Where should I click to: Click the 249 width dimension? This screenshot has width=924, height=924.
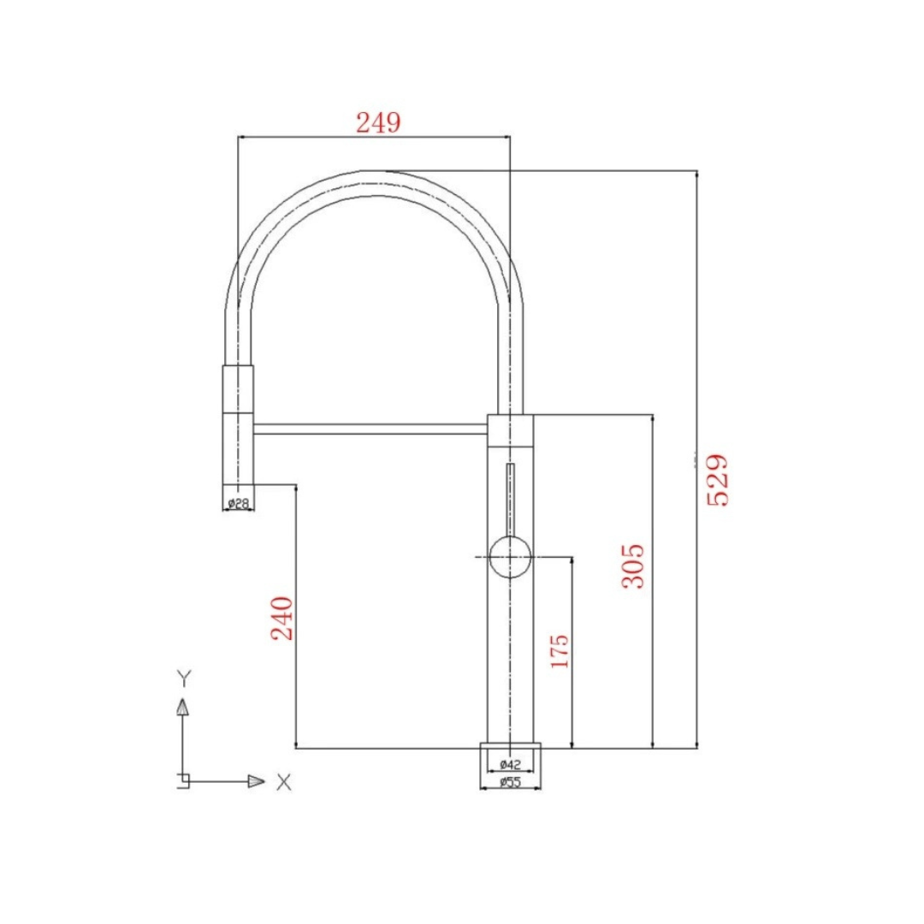coord(377,123)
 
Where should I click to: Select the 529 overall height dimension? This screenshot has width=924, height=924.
coord(717,480)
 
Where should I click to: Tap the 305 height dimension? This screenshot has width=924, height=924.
coord(632,566)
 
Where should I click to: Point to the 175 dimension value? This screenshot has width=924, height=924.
coord(559,652)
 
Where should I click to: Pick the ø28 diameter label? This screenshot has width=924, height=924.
coord(238,504)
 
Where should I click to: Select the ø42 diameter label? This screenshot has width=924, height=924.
coord(510,763)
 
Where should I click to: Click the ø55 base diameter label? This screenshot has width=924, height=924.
coord(510,782)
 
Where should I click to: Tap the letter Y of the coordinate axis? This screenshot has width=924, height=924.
coord(183,678)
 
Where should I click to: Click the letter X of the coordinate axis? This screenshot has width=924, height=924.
coord(284,781)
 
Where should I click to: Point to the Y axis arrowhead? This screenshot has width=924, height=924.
coord(182,707)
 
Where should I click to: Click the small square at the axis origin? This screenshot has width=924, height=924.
coord(182,781)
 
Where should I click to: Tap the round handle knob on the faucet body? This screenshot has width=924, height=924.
coord(510,557)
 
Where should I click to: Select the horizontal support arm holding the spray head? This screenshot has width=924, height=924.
coord(370,428)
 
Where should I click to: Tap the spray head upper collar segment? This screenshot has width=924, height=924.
coord(238,389)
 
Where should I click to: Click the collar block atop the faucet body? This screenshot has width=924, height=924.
coord(511,429)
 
